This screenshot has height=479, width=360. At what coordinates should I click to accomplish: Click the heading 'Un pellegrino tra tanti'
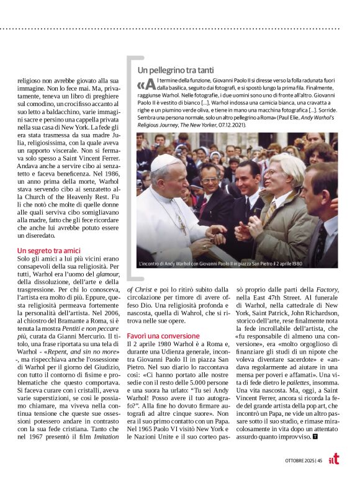click(x=175, y=71)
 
